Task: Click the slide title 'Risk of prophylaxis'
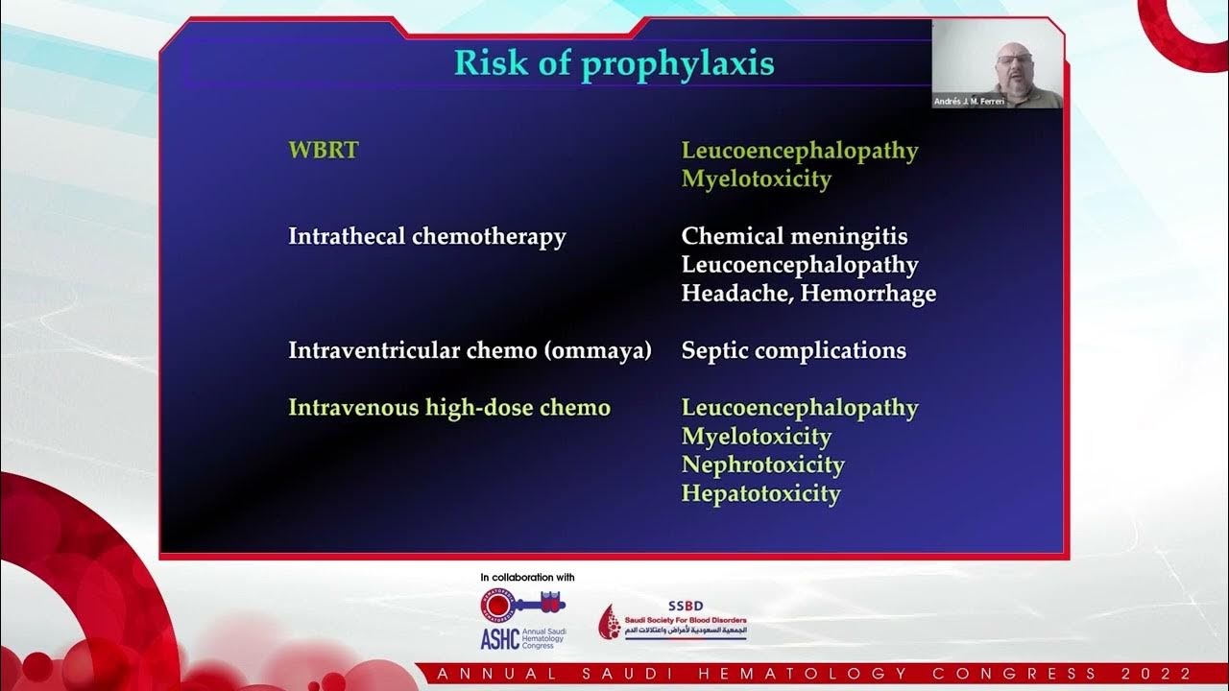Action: pos(614,63)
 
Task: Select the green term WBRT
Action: pos(323,151)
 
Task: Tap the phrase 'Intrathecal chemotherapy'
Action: pos(427,236)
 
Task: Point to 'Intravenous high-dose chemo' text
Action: pos(449,408)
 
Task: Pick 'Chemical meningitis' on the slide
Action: pos(794,236)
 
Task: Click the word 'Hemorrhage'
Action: pos(868,294)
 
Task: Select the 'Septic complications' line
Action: pos(793,350)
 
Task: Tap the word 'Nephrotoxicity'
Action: pos(762,465)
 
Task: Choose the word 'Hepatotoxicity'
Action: pos(760,494)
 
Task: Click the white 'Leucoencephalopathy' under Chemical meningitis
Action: pos(800,265)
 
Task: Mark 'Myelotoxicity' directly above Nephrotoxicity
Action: pos(757,437)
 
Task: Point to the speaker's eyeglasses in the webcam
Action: pos(1011,60)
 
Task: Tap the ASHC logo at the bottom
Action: pos(522,620)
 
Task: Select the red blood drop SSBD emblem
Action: pos(610,623)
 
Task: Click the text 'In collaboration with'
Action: pos(527,578)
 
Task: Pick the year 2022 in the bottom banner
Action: pos(1165,674)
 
